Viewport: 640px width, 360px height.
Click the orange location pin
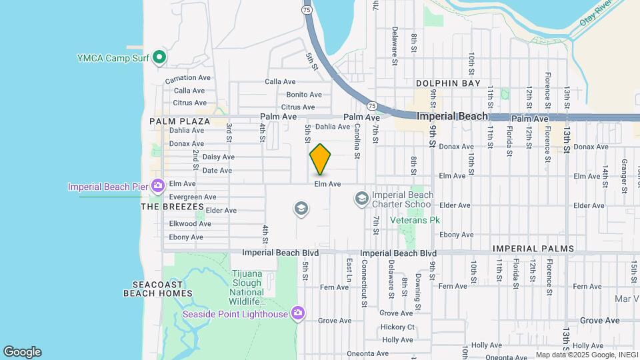[321, 159]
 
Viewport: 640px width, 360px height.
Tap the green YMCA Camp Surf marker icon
[159, 57]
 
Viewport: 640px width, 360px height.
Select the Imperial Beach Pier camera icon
[157, 186]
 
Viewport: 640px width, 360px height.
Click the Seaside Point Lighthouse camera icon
[298, 313]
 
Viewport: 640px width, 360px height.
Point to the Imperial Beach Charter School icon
[361, 197]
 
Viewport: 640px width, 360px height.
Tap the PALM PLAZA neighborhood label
[179, 121]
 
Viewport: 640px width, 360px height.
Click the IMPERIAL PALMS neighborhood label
[533, 249]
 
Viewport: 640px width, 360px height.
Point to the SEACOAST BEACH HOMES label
[158, 288]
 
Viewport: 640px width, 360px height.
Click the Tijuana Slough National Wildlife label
[247, 287]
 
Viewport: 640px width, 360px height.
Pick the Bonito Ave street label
[304, 95]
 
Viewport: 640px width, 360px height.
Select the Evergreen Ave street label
[193, 197]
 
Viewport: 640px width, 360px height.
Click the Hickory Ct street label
[397, 327]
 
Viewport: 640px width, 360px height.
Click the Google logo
[22, 352]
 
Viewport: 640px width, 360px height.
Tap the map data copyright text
[577, 355]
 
